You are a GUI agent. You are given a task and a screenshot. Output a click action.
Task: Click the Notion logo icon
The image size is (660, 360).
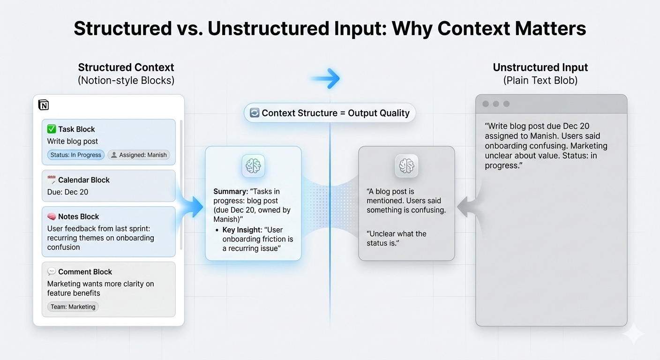click(x=43, y=105)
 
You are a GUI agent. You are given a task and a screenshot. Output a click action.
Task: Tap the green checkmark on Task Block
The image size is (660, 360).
click(x=52, y=129)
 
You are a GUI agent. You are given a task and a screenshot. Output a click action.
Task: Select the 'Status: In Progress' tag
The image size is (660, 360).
click(x=75, y=155)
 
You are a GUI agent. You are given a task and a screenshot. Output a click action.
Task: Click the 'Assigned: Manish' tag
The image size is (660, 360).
click(x=139, y=155)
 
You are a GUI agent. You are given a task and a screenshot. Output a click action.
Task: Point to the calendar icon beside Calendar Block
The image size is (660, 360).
click(x=52, y=180)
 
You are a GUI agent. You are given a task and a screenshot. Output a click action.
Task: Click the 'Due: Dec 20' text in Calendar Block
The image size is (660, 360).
click(x=67, y=192)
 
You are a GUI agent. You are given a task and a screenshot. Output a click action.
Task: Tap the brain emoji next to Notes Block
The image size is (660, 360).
click(x=52, y=217)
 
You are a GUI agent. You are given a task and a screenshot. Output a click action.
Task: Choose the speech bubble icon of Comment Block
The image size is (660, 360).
click(x=52, y=271)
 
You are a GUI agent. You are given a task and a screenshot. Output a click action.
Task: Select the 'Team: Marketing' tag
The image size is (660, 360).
click(x=73, y=307)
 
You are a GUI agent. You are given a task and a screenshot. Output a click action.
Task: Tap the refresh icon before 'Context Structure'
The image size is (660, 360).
click(x=255, y=113)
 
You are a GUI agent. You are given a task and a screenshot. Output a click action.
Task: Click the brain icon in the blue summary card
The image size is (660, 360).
click(x=253, y=166)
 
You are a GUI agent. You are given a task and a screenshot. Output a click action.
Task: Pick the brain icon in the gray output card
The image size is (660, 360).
click(x=406, y=166)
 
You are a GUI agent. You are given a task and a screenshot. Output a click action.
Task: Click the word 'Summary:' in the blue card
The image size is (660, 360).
click(x=230, y=191)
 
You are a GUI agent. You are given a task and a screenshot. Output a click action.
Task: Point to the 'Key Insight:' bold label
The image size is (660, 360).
click(x=242, y=230)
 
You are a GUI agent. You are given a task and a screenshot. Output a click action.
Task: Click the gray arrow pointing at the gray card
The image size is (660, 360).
click(x=466, y=207)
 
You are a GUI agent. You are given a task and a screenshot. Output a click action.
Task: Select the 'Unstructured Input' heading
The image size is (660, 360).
click(x=540, y=67)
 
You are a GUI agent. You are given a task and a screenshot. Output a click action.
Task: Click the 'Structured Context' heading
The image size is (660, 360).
click(x=126, y=67)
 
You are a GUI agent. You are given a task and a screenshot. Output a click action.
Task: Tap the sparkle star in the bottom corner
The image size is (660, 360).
click(x=633, y=334)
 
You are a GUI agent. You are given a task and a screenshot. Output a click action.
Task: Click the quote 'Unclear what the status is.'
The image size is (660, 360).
click(x=397, y=238)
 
